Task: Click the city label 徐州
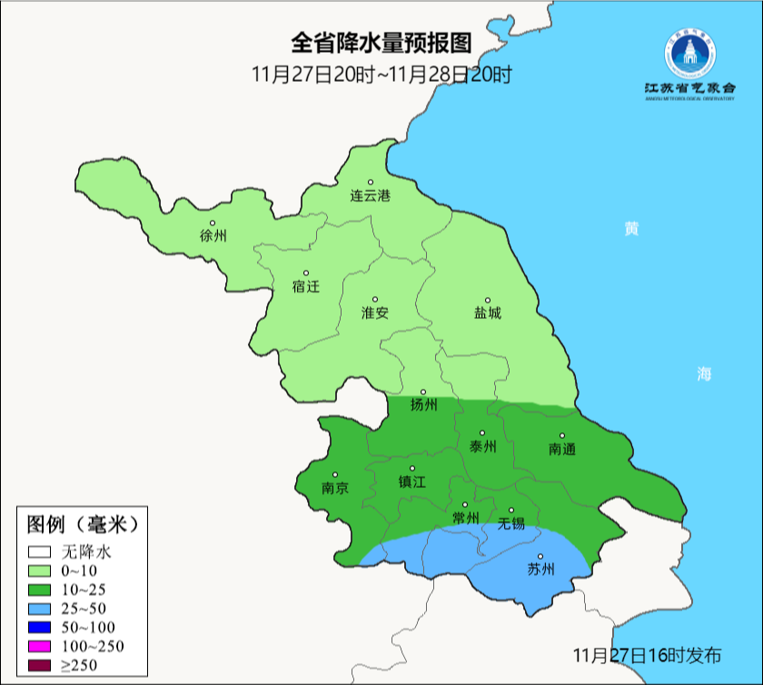coord(213,236)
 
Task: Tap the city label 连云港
coord(371,195)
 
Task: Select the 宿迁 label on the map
coord(306,286)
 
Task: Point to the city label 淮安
coord(375,313)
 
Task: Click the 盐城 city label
coord(488,313)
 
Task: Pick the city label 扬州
coord(423,404)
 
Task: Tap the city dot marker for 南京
coord(335,474)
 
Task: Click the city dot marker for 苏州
coord(540,557)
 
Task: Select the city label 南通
coord(562,449)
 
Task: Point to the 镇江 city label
coord(411,481)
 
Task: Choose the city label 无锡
coord(511,523)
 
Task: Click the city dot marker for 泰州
coord(482,433)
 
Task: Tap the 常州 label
coord(465,518)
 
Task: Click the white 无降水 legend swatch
coord(39,551)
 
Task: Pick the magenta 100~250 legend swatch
coord(39,646)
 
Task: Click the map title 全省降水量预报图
coord(381,43)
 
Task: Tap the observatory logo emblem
coord(689,55)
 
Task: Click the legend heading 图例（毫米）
coord(82,524)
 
